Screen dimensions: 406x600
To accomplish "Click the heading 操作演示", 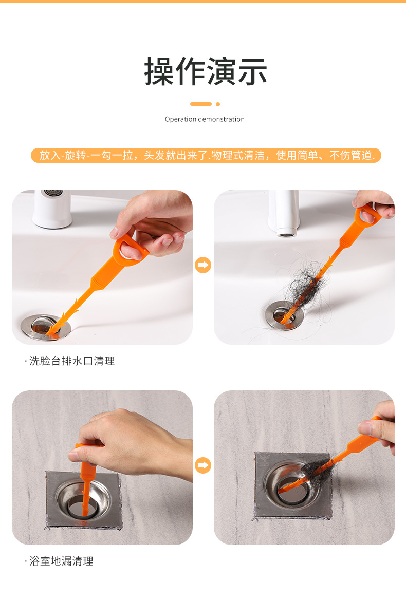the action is pos(205,71).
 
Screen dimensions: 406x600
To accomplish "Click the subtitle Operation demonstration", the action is pos(205,119).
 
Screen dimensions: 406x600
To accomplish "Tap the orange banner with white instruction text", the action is pos(206,155).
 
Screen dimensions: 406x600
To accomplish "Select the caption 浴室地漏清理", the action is pos(59,561).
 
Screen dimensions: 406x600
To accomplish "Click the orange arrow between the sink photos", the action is pos(203,265).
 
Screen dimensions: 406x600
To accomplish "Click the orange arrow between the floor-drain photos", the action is pos(203,465).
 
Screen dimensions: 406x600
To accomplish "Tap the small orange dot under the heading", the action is pos(218,104).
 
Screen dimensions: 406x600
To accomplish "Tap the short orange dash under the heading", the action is pos(201,104).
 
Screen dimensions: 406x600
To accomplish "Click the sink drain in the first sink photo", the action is pos(46,327).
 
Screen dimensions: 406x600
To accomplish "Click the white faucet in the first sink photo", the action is pos(52,208).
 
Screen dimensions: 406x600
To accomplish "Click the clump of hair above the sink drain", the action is pos(304,283).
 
